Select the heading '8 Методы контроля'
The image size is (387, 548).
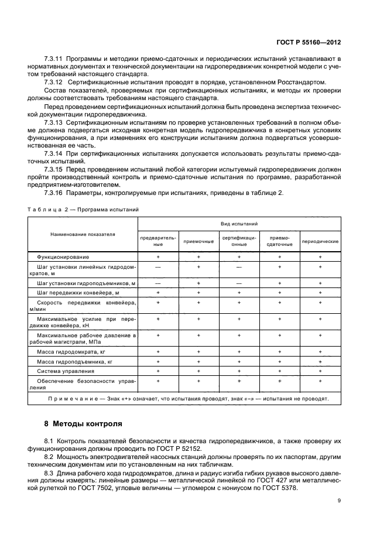click(x=84, y=423)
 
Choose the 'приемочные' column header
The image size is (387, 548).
click(x=198, y=241)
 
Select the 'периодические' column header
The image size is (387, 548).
click(x=320, y=241)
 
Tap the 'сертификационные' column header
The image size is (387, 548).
click(x=239, y=241)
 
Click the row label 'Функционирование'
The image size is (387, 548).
click(x=63, y=257)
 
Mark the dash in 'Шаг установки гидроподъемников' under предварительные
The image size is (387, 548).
click(x=158, y=283)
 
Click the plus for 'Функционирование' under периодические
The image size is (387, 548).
click(x=320, y=257)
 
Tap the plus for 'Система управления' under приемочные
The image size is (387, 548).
click(x=198, y=371)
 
